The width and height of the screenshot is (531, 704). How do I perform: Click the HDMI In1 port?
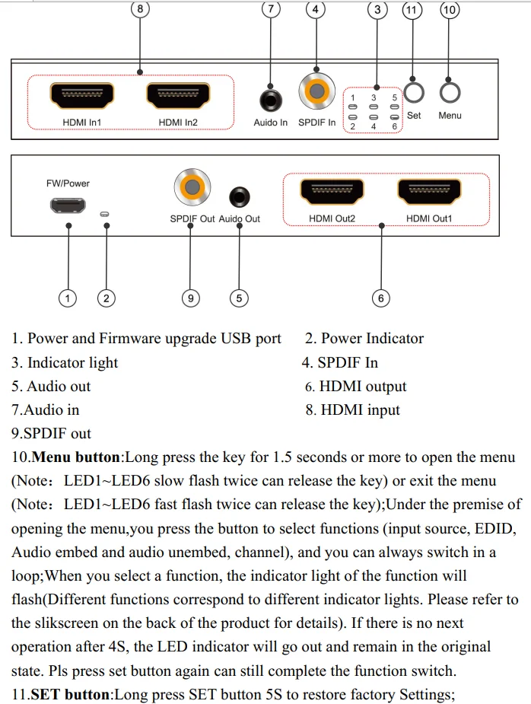click(82, 96)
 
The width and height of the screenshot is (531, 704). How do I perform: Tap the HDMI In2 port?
click(178, 96)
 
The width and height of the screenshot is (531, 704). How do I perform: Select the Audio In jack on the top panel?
click(270, 99)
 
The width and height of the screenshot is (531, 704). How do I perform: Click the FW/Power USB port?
click(68, 205)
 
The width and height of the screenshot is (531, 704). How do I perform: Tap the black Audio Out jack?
click(240, 196)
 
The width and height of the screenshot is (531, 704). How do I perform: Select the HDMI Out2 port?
click(332, 191)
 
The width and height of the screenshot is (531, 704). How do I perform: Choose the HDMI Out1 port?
click(428, 191)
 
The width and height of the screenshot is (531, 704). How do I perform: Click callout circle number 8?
click(140, 9)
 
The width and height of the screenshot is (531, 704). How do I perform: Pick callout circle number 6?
click(381, 298)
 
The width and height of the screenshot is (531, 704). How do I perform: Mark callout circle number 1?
click(68, 298)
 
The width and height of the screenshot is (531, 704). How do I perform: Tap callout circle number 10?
click(450, 9)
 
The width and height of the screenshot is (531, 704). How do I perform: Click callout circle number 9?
click(190, 298)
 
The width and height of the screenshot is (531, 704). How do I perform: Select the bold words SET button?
click(71, 693)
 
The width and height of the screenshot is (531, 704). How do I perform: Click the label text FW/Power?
click(68, 183)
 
